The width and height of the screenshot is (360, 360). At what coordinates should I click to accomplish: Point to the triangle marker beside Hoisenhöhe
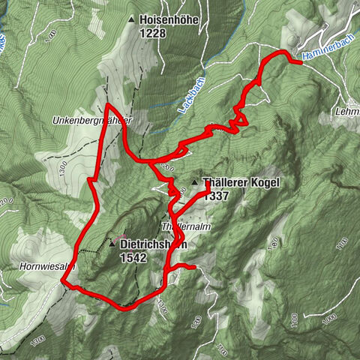[x=132, y=20]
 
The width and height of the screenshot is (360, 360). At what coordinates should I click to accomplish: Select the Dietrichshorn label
[x=152, y=244]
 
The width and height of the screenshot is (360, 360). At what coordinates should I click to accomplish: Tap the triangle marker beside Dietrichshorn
[x=112, y=244]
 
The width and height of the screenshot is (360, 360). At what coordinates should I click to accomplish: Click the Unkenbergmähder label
[x=93, y=119]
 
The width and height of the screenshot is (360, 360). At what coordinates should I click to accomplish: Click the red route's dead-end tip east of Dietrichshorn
[x=195, y=267]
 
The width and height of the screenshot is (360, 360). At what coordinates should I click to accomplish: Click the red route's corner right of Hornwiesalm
[x=63, y=283]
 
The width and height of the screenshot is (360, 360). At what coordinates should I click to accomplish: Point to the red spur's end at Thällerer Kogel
[x=208, y=191]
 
